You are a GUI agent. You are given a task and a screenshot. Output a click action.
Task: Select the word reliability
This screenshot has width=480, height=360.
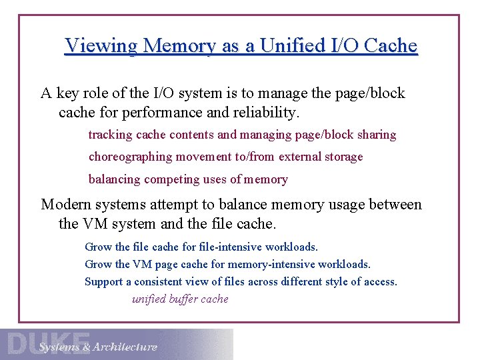[x=267, y=113]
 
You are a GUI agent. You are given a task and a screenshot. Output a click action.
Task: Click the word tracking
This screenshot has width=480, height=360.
[x=110, y=135]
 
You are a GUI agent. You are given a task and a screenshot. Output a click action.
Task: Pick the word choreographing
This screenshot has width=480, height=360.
[x=131, y=157]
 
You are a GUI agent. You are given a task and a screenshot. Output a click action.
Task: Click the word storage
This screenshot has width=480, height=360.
[x=343, y=157]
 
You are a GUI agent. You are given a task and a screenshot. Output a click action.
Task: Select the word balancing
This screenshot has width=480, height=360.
[x=115, y=179]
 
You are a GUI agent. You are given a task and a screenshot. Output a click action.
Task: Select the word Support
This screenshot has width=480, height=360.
[x=104, y=282]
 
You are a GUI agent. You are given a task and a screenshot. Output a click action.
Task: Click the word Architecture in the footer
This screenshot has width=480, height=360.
[x=125, y=347]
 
